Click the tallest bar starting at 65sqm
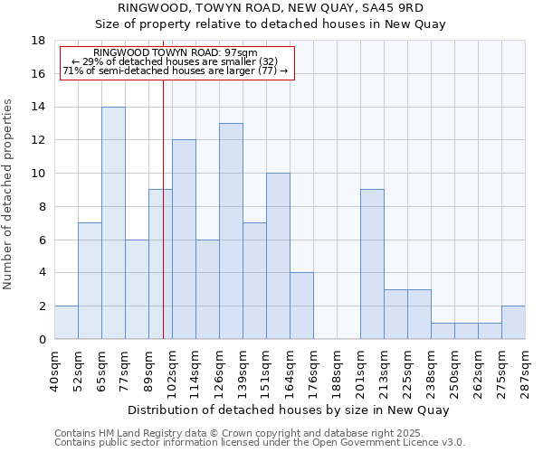click(113, 222)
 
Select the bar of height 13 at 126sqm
click(231, 231)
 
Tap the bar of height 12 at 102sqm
click(184, 239)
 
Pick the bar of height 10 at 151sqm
click(278, 256)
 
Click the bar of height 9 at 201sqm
click(372, 264)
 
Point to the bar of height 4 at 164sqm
click(301, 306)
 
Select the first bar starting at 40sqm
click(66, 322)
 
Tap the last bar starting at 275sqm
click(513, 322)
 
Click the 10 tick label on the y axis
click(38, 174)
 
